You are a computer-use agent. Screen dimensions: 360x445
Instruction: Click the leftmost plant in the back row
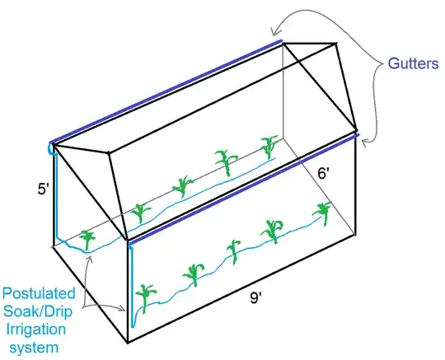pyautogui.click(x=86, y=237)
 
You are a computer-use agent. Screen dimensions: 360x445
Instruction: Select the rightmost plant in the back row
pyautogui.click(x=269, y=147)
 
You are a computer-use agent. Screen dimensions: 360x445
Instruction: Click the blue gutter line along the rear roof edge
pyautogui.click(x=165, y=91)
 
